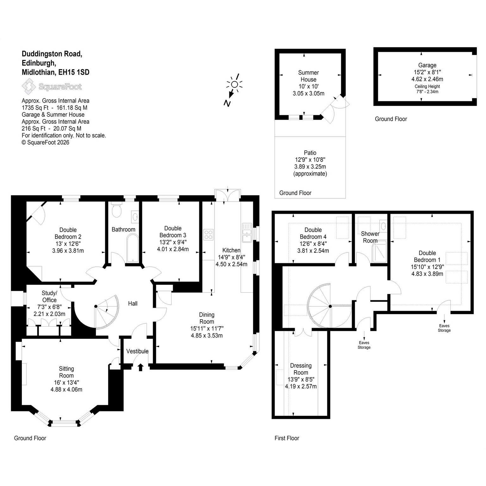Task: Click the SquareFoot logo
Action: click(x=52, y=87)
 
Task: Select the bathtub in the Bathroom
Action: click(x=132, y=248)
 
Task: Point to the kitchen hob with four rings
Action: click(x=209, y=235)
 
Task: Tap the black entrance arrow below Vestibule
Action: click(x=140, y=367)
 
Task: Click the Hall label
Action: click(x=133, y=303)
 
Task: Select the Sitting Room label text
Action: click(x=66, y=372)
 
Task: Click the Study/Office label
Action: click(x=49, y=296)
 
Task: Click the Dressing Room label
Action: click(x=301, y=369)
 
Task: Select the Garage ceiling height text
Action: click(x=427, y=89)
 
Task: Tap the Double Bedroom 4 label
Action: click(x=313, y=233)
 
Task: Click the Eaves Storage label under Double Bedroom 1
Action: click(x=444, y=328)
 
